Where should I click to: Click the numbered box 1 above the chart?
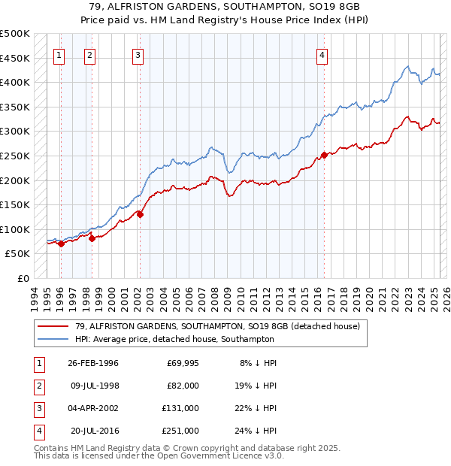pos(59,54)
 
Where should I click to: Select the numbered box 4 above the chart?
pos(322,54)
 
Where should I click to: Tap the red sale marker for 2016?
pos(324,156)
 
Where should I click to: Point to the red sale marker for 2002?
pos(140,214)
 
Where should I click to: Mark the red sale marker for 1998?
pos(92,238)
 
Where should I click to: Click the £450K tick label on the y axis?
pos(15,58)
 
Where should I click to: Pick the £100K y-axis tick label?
pos(15,229)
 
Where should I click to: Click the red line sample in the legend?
pos(53,327)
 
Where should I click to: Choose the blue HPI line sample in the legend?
pos(53,339)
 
